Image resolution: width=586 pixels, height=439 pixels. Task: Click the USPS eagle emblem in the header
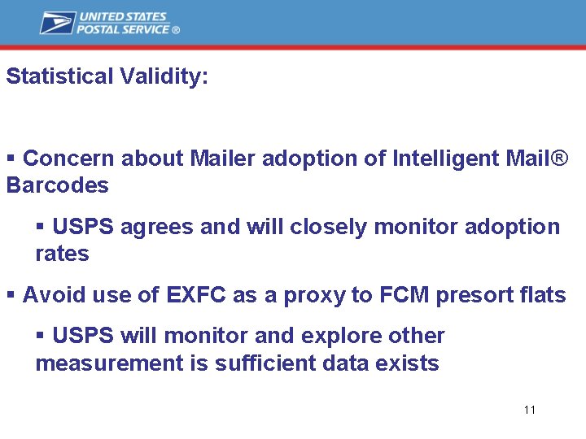pyautogui.click(x=57, y=23)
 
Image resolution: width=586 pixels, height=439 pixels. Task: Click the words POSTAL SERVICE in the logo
pyautogui.click(x=123, y=29)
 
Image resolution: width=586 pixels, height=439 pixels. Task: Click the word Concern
pyautogui.click(x=69, y=158)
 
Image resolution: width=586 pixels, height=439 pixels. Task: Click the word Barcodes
pyautogui.click(x=57, y=185)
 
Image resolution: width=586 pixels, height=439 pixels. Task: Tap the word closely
pyautogui.click(x=330, y=227)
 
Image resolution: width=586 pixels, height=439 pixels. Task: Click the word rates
pyautogui.click(x=62, y=254)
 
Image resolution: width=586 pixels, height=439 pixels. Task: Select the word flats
pyautogui.click(x=543, y=295)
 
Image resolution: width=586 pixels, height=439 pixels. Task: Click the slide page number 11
pyautogui.click(x=530, y=410)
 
